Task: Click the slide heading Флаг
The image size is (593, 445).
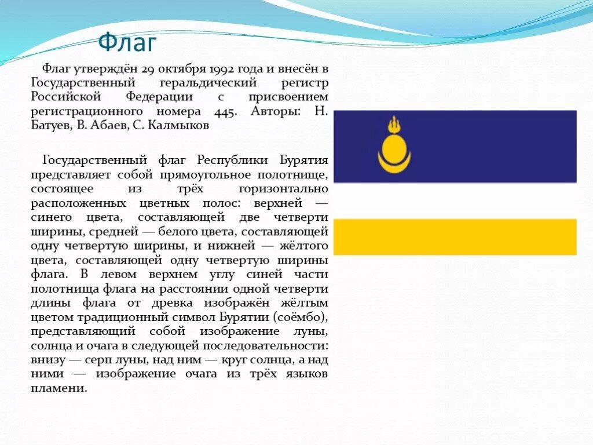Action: (x=127, y=42)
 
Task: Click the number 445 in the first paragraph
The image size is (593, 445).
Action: (x=225, y=111)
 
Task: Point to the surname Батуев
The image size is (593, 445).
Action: (x=51, y=125)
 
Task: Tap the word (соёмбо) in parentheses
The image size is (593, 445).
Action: (x=299, y=317)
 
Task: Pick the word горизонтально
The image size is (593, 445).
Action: (x=283, y=189)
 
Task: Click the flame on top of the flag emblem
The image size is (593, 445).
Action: (x=394, y=123)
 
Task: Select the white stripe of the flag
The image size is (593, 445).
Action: (x=455, y=200)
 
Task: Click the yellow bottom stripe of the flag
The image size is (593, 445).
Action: (x=455, y=236)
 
